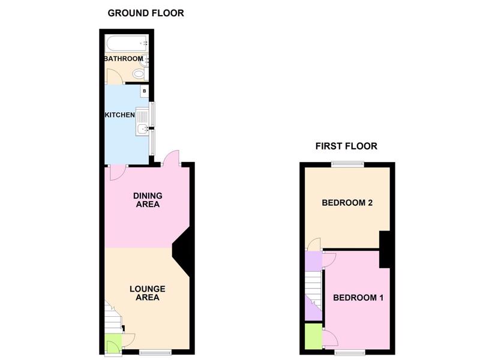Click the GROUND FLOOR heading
coord(146,13)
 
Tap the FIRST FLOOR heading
coord(346,146)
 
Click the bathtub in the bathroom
coord(127,44)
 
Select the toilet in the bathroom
coord(140,74)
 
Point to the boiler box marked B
coord(145,91)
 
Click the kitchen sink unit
coord(142,122)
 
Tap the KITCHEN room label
coord(120,115)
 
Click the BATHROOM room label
coord(124,59)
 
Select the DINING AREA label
coord(148,200)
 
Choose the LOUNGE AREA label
coord(148,293)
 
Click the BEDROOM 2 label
coord(347,202)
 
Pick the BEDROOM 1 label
coord(358,298)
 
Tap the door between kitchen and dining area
coord(118,172)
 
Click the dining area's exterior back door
coord(171,158)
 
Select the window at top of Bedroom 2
coord(347,164)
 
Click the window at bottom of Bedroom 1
coord(350,352)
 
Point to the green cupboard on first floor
coord(313,337)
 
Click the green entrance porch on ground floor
coord(113,344)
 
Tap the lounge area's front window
coord(155,352)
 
